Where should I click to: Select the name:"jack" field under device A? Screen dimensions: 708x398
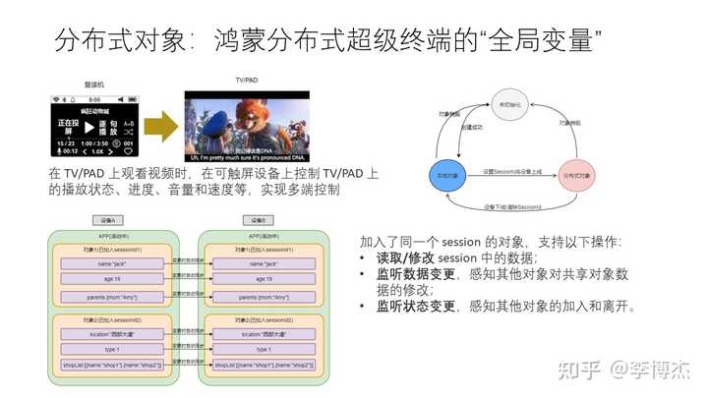[x=110, y=264]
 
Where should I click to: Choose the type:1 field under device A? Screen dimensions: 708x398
[x=110, y=350]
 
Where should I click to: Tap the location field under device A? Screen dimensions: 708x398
[x=110, y=335]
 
